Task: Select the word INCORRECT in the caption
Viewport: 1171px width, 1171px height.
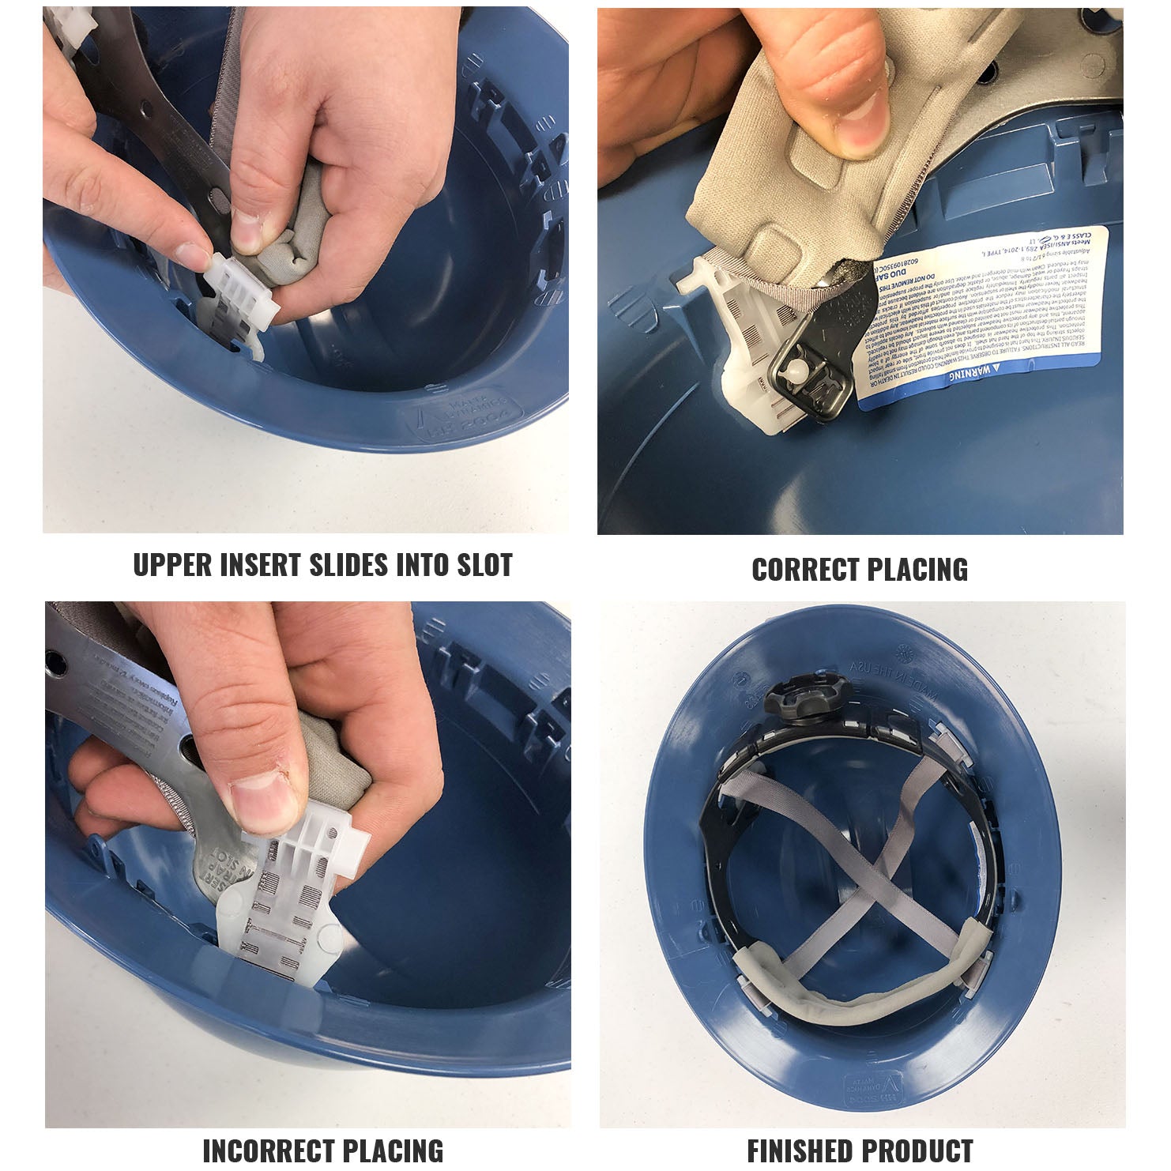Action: pyautogui.click(x=265, y=1150)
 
